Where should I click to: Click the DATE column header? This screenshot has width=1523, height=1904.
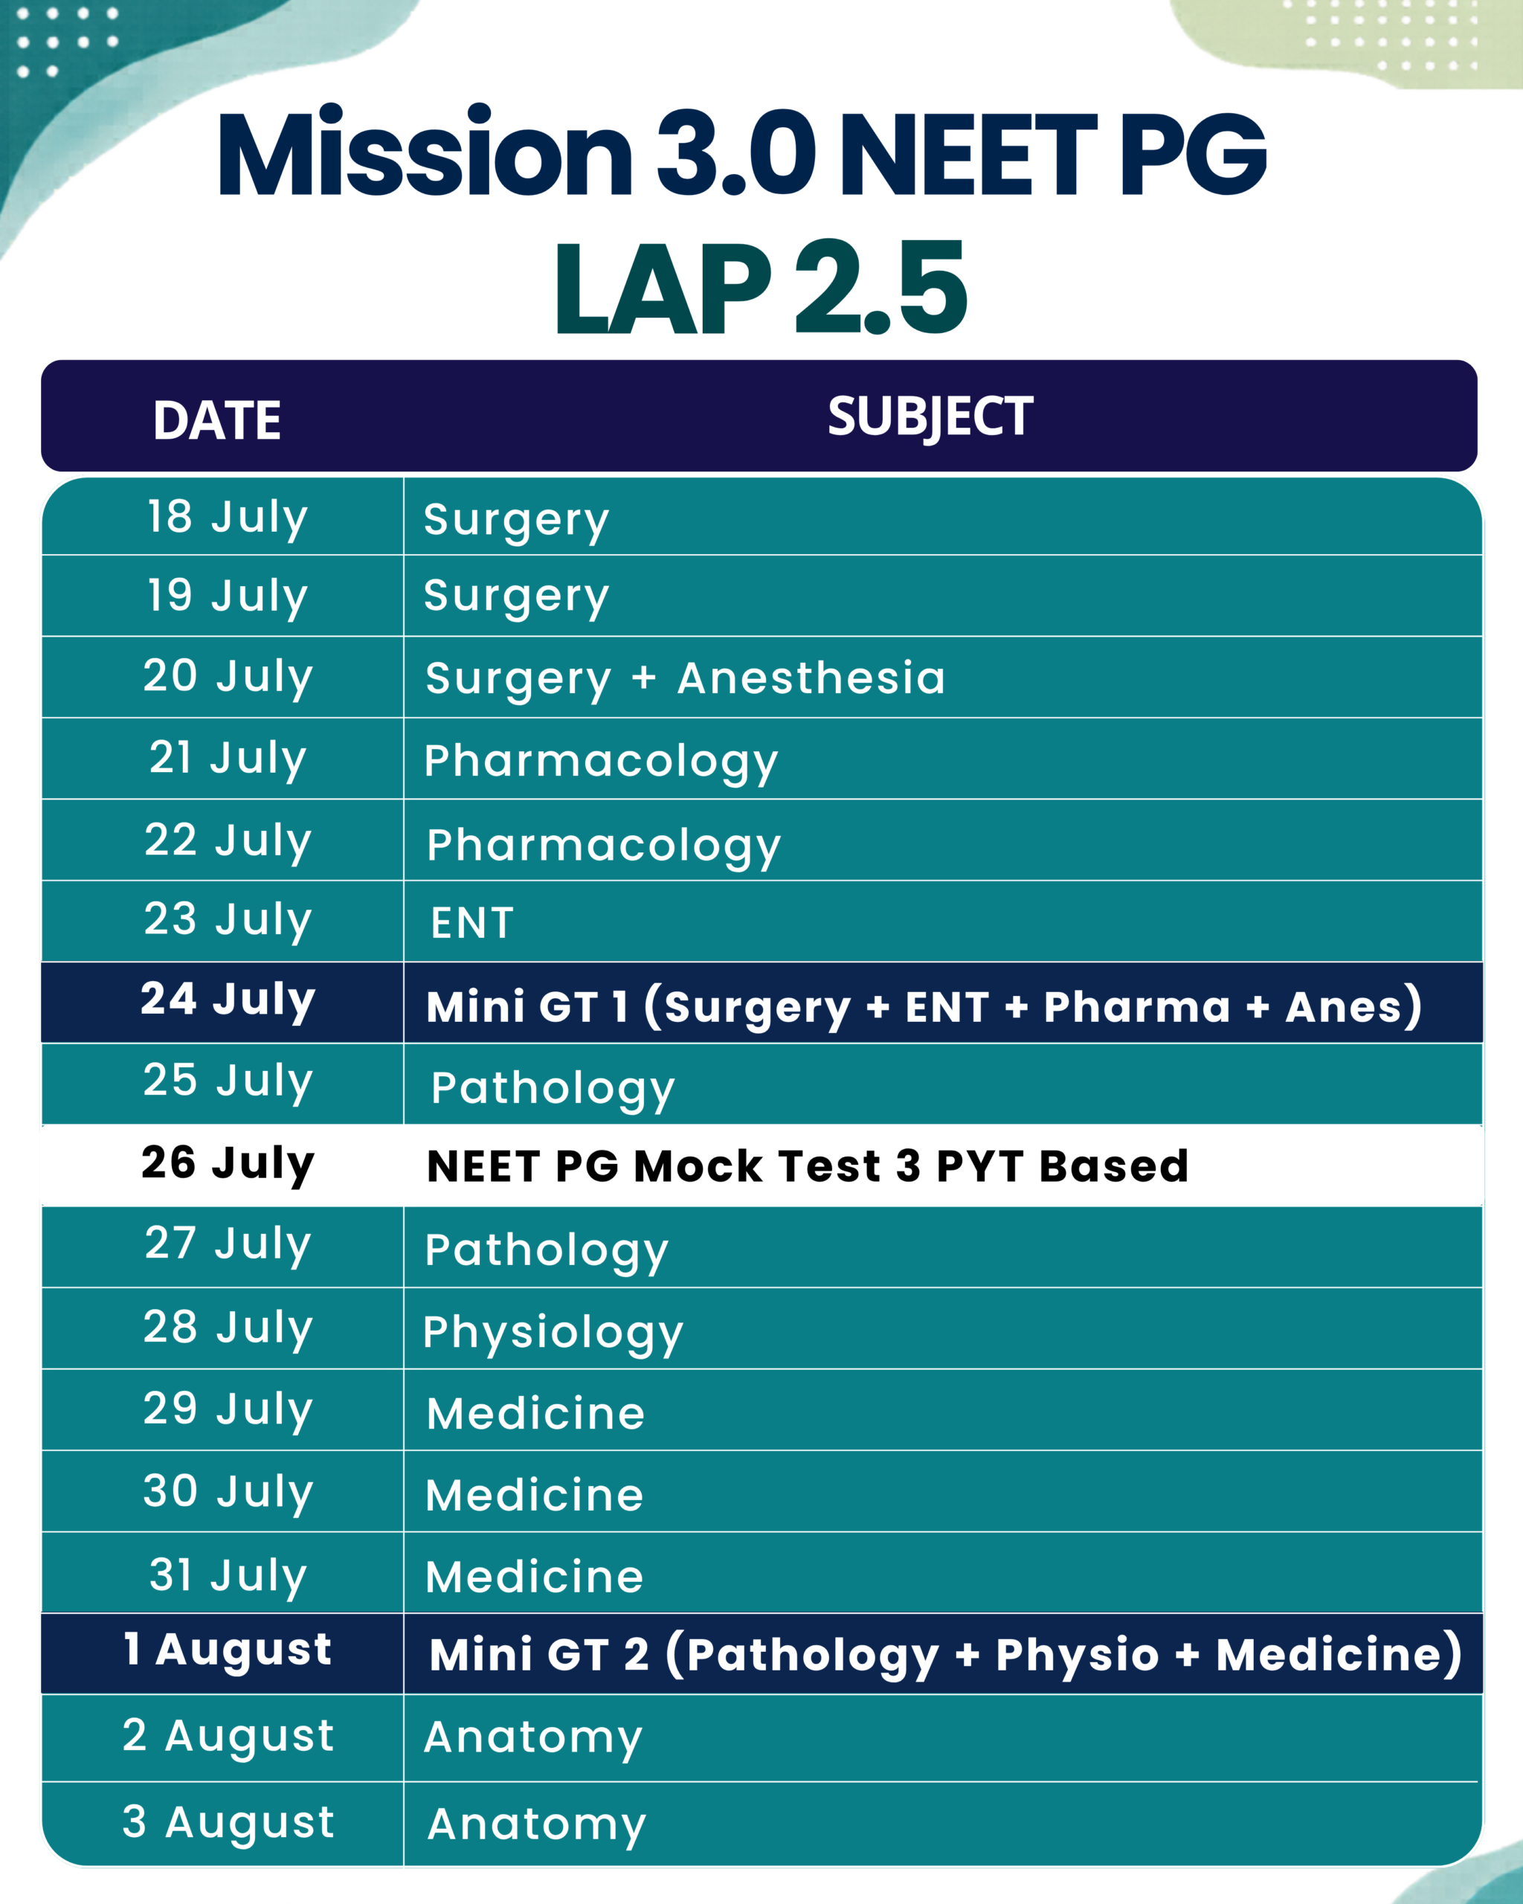pyautogui.click(x=217, y=419)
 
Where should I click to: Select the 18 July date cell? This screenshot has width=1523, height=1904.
pyautogui.click(x=228, y=518)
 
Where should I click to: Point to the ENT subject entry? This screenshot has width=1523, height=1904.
pyautogui.click(x=471, y=923)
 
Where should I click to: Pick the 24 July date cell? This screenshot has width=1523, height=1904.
pyautogui.click(x=228, y=1000)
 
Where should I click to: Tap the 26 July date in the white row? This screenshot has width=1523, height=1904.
pyautogui.click(x=228, y=1164)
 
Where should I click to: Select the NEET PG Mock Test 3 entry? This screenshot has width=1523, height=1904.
pyautogui.click(x=807, y=1165)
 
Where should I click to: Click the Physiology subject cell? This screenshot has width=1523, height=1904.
pyautogui.click(x=553, y=1334)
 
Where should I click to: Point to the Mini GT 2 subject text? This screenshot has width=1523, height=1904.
pyautogui.click(x=944, y=1655)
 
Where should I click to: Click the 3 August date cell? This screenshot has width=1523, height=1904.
pyautogui.click(x=228, y=1823)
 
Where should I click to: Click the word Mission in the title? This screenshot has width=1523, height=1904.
pyautogui.click(x=425, y=151)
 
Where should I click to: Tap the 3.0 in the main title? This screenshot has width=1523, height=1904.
pyautogui.click(x=736, y=152)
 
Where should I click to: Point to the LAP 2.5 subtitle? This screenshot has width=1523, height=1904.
pyautogui.click(x=761, y=287)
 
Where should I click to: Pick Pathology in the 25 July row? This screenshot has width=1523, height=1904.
pyautogui.click(x=553, y=1089)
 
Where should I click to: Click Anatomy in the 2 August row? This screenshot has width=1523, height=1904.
pyautogui.click(x=533, y=1738)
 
